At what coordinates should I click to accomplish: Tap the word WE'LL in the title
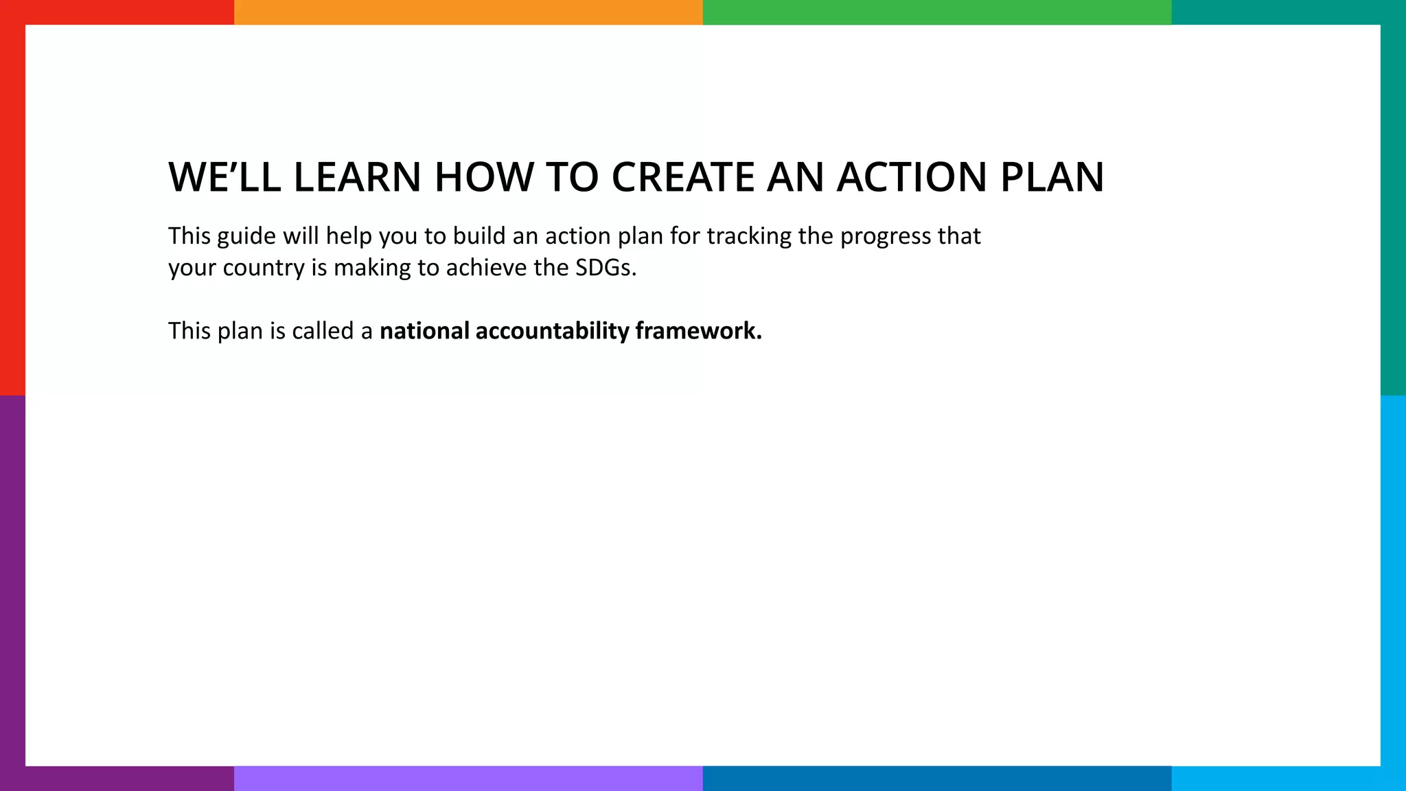(224, 177)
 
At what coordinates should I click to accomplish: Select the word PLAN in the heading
(1052, 177)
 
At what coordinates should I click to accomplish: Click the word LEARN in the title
(357, 177)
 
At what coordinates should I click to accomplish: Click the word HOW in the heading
(484, 177)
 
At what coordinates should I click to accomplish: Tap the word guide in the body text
(246, 237)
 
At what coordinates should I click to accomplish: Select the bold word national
(424, 331)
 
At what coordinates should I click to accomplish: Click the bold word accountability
(552, 332)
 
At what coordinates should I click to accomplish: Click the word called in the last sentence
(323, 331)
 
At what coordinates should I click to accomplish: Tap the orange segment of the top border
(468, 12)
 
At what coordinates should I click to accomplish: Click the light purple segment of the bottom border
(468, 779)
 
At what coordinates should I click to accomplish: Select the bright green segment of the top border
(937, 12)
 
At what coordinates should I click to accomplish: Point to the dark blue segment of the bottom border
(937, 779)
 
